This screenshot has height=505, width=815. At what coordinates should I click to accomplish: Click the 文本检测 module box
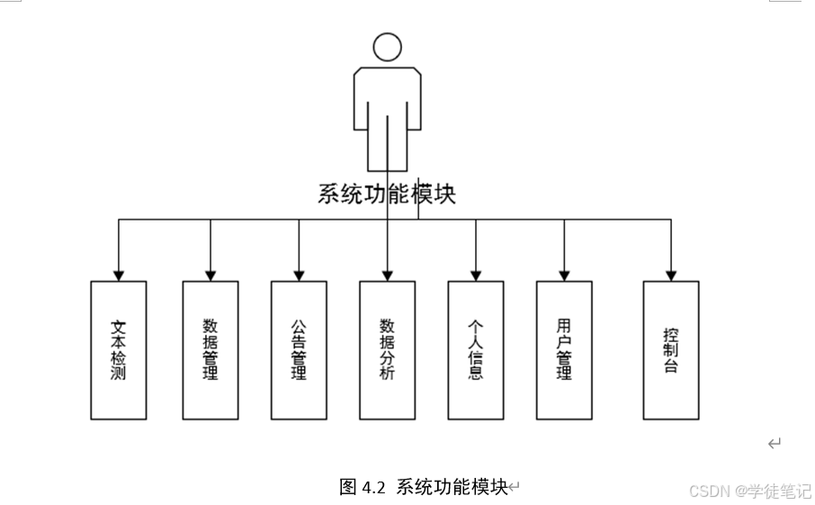coord(118,350)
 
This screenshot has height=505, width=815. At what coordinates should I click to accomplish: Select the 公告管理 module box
coord(299,350)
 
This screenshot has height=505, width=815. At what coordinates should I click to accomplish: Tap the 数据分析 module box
coord(387,350)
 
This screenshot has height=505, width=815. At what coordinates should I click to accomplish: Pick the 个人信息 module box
coord(476,350)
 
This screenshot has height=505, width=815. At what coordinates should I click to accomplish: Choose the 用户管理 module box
coord(564,350)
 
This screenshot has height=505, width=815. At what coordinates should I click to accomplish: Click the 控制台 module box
coord(670,350)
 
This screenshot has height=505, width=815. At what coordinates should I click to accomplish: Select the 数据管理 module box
coord(210,350)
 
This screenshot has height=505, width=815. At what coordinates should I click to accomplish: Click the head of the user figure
coord(387,48)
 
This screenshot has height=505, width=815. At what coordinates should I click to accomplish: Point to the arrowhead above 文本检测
coord(118,275)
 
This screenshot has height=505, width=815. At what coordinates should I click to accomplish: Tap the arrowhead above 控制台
coord(670,275)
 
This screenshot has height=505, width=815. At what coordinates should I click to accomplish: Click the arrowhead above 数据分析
coord(387,275)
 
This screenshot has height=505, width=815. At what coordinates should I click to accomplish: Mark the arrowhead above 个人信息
coord(476,275)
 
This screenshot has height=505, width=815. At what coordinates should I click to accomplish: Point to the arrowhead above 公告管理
coord(299,275)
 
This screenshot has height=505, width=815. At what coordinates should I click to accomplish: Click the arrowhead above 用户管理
coord(564,275)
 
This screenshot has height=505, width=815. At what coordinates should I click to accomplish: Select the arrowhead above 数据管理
coord(210,275)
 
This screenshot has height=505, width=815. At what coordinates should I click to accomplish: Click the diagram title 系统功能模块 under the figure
coord(386,194)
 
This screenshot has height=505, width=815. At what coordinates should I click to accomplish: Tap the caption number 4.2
coord(374,487)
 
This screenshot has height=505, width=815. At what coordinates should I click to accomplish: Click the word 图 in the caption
coord(348,487)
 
